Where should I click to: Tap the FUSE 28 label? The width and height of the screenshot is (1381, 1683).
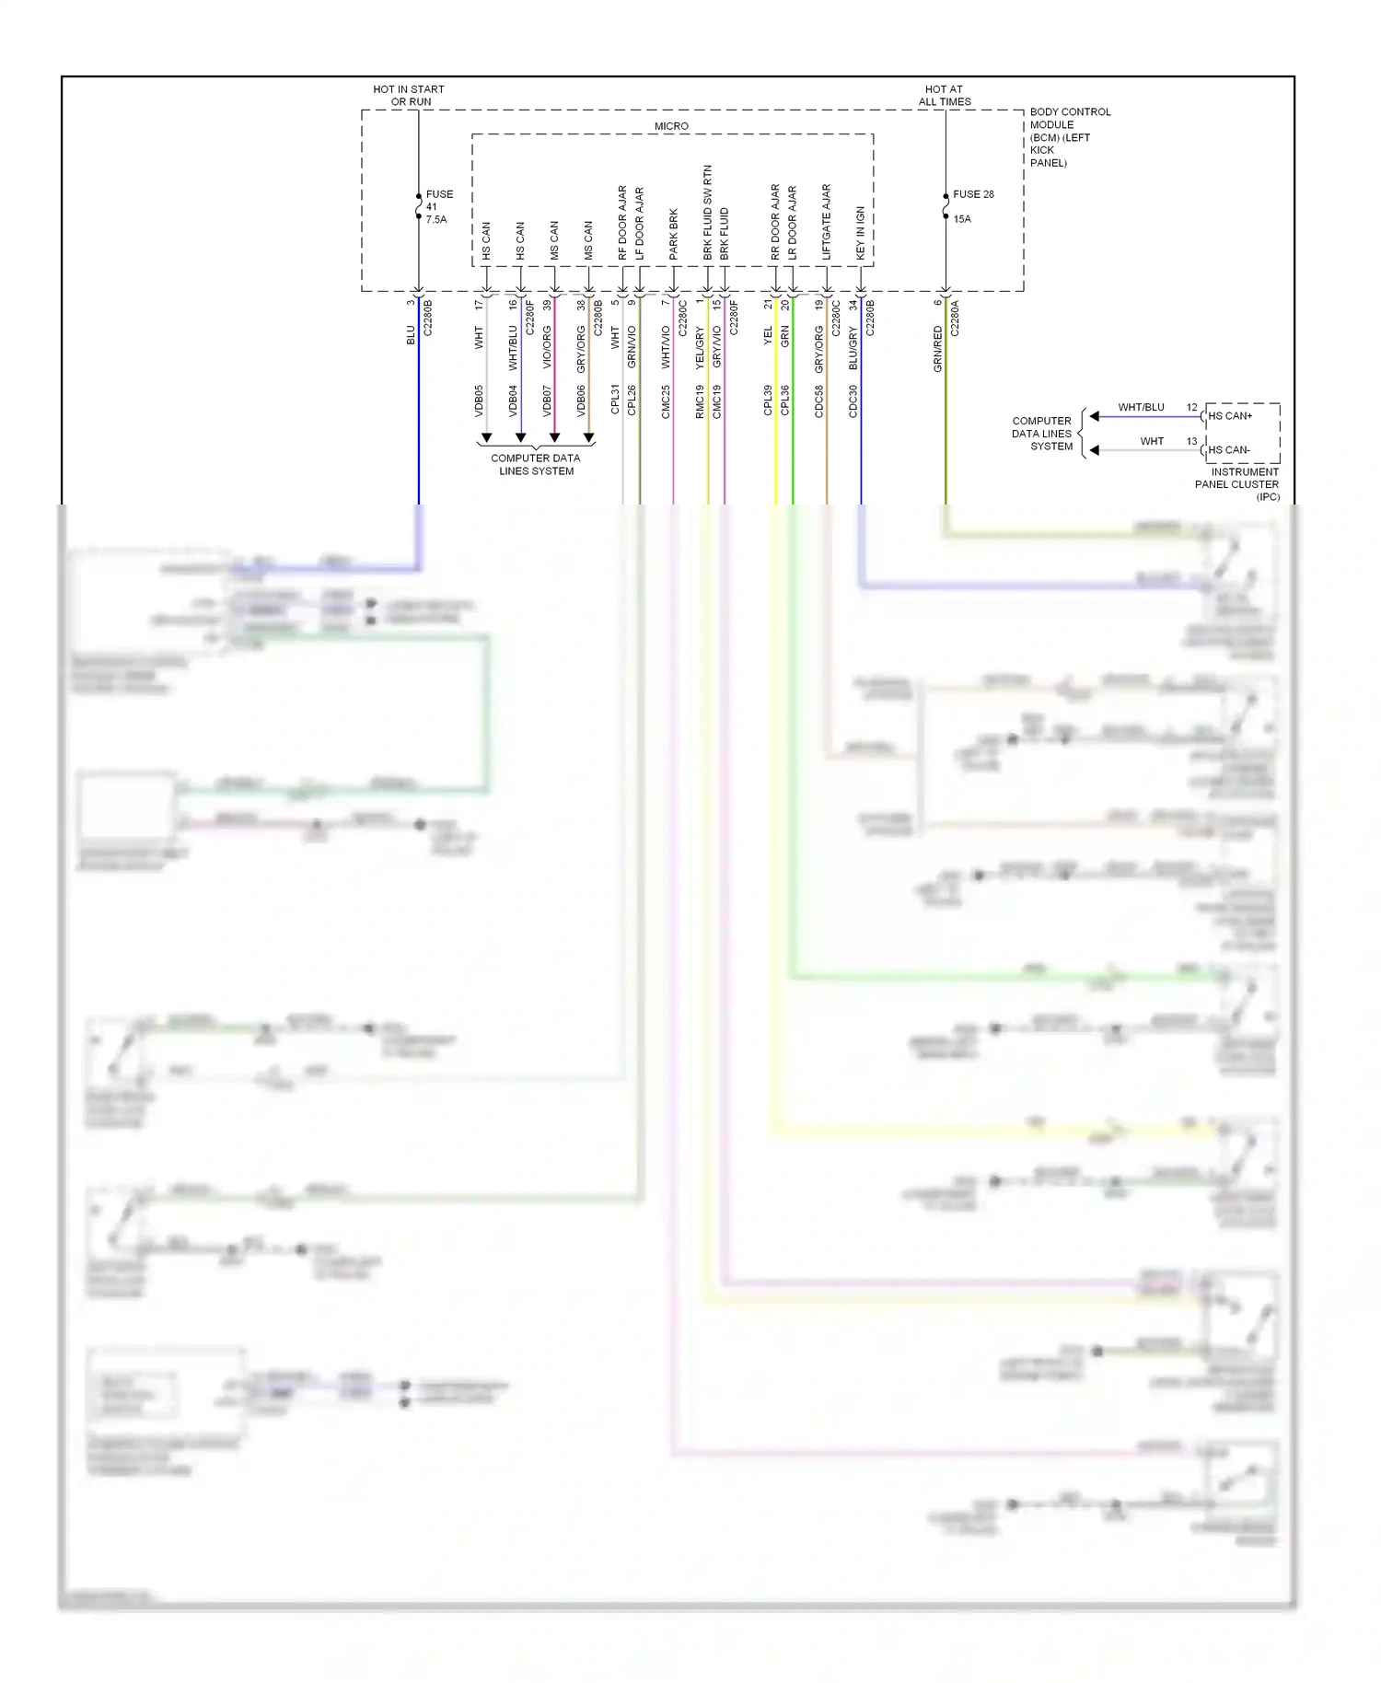[973, 194]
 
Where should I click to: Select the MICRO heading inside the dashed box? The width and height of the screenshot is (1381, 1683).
[671, 126]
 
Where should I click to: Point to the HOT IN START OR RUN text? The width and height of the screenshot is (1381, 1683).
[409, 95]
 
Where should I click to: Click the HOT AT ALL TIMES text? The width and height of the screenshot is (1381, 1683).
[945, 95]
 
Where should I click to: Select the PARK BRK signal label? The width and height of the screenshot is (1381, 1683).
[674, 234]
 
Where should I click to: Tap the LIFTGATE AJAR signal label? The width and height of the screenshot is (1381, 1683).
[826, 222]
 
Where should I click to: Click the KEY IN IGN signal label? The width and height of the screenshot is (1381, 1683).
[861, 232]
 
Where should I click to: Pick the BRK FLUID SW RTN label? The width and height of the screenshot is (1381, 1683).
[708, 213]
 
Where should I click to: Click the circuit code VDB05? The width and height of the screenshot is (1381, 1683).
[479, 400]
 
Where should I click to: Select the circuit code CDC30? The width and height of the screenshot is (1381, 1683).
[853, 400]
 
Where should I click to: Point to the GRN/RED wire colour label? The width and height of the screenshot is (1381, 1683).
[938, 349]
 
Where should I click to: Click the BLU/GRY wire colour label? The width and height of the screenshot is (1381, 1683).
[853, 349]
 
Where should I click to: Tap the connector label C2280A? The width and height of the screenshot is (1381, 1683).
[955, 318]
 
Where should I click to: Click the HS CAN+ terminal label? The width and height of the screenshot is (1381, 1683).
[1230, 416]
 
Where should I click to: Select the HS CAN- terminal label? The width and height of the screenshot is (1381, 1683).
[1229, 450]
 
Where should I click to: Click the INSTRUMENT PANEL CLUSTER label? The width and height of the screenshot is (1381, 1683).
[1238, 484]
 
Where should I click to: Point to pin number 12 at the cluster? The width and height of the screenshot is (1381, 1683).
[1192, 407]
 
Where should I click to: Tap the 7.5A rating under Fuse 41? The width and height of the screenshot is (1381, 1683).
[436, 219]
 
